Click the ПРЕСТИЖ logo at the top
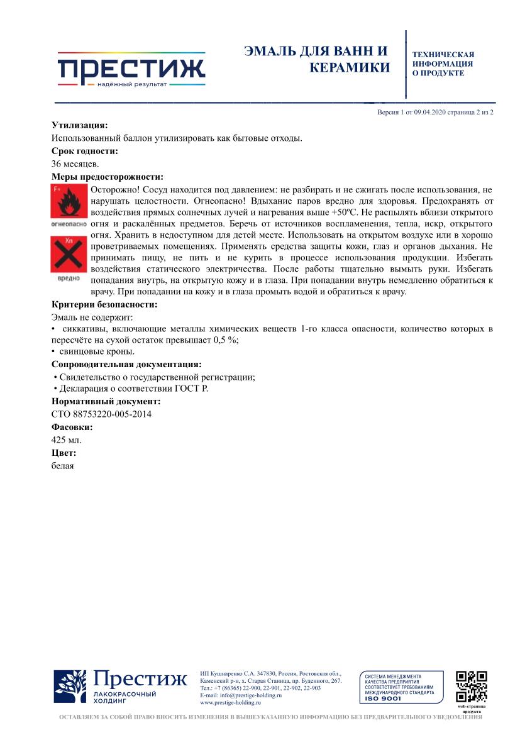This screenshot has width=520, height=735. tap(131, 69)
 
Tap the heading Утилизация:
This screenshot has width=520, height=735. tap(79, 125)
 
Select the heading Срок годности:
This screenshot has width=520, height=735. tap(85, 151)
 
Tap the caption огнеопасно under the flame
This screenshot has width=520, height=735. tap(68, 224)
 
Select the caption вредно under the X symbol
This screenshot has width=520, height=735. tap(68, 277)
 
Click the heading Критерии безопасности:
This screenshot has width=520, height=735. tap(104, 305)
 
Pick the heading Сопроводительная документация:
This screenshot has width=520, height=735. tap(126, 364)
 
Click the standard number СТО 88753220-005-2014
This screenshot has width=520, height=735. tap(101, 414)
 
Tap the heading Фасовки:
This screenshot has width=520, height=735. tap(72, 427)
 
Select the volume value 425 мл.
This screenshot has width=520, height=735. tap(66, 439)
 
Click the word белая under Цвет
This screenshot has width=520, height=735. tap(62, 465)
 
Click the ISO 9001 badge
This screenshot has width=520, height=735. tap(401, 687)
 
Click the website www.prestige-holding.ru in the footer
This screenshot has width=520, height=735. tap(230, 703)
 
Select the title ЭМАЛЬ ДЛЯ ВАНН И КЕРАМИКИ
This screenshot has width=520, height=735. tap(318, 59)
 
